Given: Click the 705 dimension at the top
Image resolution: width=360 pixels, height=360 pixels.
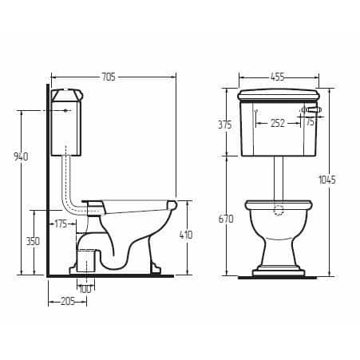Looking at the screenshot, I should pos(109,77).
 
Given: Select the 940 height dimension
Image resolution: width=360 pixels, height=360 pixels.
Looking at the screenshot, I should pos(21,156).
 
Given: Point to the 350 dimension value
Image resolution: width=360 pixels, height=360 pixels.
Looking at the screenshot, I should pos(33,240).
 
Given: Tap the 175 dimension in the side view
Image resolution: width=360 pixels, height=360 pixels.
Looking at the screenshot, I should pos(61,224).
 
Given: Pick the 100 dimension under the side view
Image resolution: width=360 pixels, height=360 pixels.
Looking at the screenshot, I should pos(85,288).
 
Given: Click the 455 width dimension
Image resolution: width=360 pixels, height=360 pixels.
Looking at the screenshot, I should pos(277,77).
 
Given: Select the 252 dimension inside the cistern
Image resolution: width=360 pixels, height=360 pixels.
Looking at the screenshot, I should pos(278,123).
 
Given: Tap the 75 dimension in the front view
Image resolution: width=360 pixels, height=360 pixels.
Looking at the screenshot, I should pos(309,122).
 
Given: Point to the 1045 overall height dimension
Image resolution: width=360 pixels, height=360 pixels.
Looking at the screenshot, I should pos(326,180).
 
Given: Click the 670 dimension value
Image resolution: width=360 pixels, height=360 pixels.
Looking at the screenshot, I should pos(226,219).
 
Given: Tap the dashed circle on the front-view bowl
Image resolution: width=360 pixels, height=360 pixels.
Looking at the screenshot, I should pos(278,211).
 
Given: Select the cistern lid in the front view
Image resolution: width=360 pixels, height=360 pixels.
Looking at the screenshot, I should pos(278,95).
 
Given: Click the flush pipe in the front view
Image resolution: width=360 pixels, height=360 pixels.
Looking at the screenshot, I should pos(278,177).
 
